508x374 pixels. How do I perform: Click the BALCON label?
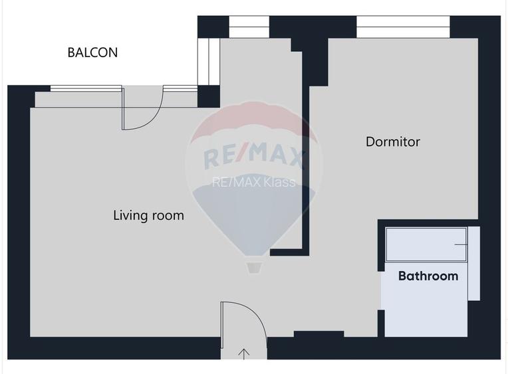pyautogui.click(x=92, y=52)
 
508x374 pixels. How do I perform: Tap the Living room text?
pyautogui.click(x=148, y=216)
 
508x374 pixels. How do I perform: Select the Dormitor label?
pyautogui.click(x=393, y=142)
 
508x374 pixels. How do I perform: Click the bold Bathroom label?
pyautogui.click(x=428, y=276)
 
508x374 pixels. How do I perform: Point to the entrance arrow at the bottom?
pyautogui.click(x=244, y=353)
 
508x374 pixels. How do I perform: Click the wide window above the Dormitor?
pyautogui.click(x=403, y=27)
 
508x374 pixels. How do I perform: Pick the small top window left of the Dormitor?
pyautogui.click(x=249, y=27)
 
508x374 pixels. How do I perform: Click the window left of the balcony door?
pyautogui.click(x=86, y=88)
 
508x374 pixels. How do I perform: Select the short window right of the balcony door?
pyautogui.click(x=180, y=88)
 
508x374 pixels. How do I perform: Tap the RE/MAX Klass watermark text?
pyautogui.click(x=253, y=182)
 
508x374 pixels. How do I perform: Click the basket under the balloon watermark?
pyautogui.click(x=253, y=266)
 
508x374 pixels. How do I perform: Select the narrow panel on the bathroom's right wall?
pyautogui.click(x=473, y=263)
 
